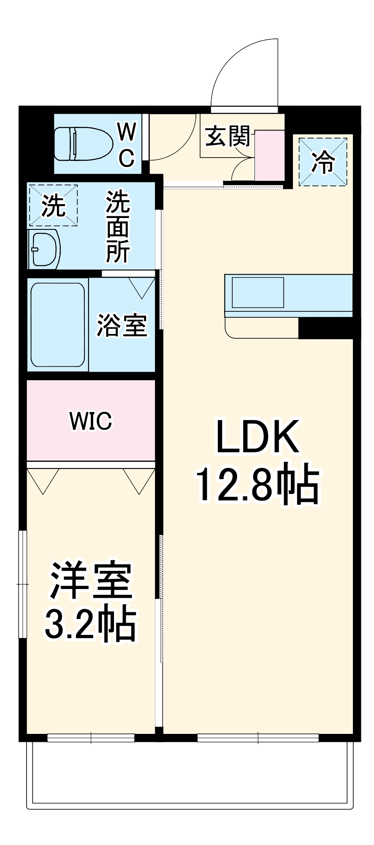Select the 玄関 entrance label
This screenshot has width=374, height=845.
click(228, 136)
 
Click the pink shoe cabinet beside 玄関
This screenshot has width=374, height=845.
click(269, 155)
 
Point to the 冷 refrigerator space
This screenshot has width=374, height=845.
click(323, 161)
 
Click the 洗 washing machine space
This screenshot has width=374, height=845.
click(53, 205)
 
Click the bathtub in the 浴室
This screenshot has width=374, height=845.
click(58, 324)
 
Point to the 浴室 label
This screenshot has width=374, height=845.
click(122, 326)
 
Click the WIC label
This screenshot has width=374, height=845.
click(91, 421)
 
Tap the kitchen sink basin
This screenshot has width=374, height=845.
click(257, 292)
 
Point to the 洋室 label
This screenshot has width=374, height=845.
click(91, 581)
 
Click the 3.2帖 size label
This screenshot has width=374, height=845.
click(91, 624)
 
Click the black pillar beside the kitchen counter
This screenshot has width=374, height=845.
click(325, 328)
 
